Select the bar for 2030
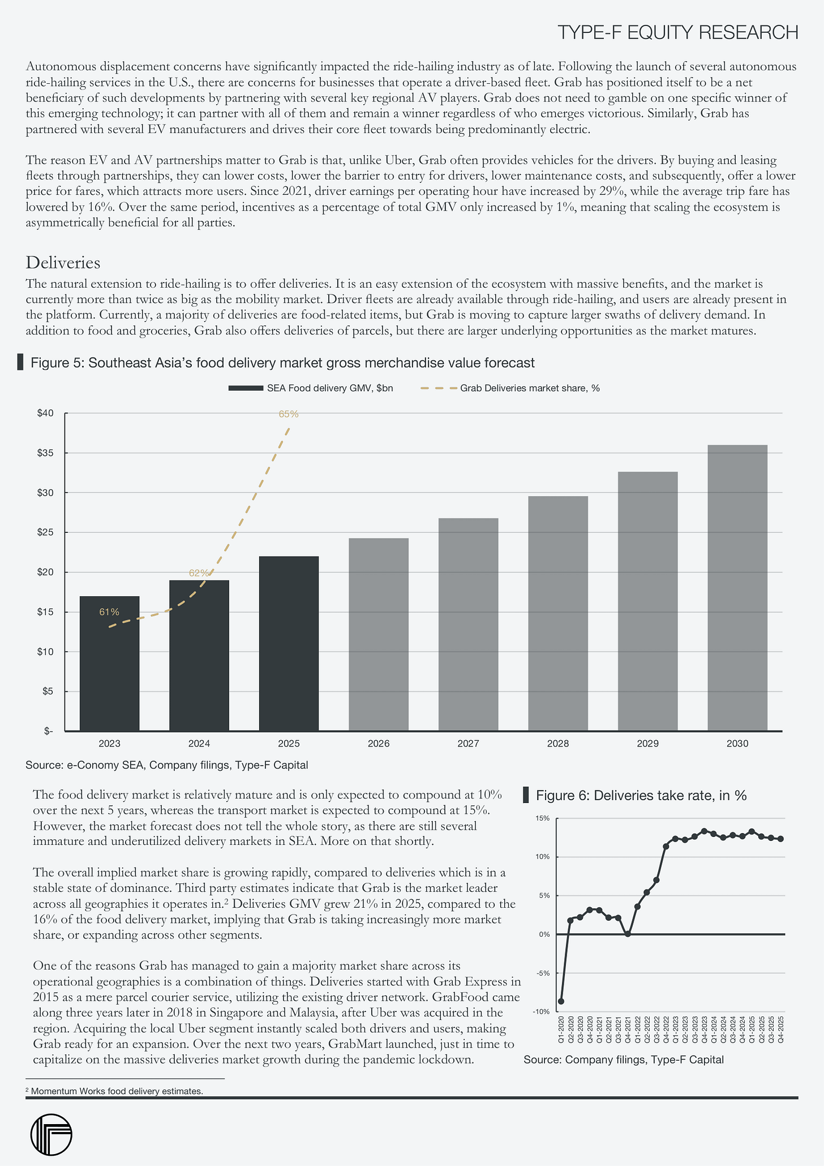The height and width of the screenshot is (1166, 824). (737, 587)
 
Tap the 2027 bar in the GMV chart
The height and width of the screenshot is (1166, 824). (468, 624)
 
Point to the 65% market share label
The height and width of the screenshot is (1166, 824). (289, 414)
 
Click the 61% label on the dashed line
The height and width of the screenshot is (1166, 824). (109, 612)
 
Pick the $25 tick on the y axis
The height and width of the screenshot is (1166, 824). (45, 532)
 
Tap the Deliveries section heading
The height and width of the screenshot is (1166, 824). (63, 263)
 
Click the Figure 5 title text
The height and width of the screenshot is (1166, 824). (282, 362)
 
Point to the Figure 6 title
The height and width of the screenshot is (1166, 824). (641, 795)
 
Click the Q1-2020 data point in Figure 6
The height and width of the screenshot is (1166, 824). (561, 1001)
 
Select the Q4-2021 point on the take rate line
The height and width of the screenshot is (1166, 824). (628, 934)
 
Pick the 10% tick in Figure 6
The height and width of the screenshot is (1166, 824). (543, 857)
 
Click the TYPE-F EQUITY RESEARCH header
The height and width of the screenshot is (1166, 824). (678, 33)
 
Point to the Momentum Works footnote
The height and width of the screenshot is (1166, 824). (114, 1091)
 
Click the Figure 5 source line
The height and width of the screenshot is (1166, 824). (167, 766)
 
